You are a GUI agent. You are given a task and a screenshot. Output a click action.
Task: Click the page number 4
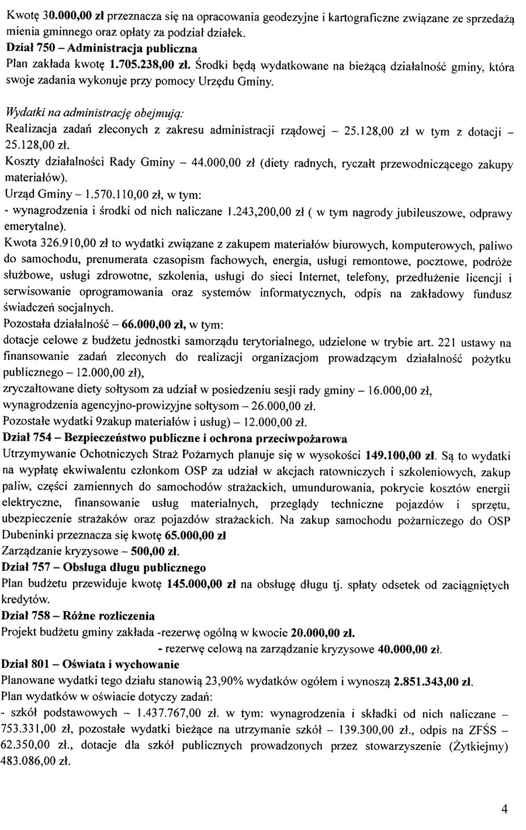click(504, 808)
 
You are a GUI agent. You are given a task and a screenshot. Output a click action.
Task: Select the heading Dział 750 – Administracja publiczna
click(100, 46)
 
